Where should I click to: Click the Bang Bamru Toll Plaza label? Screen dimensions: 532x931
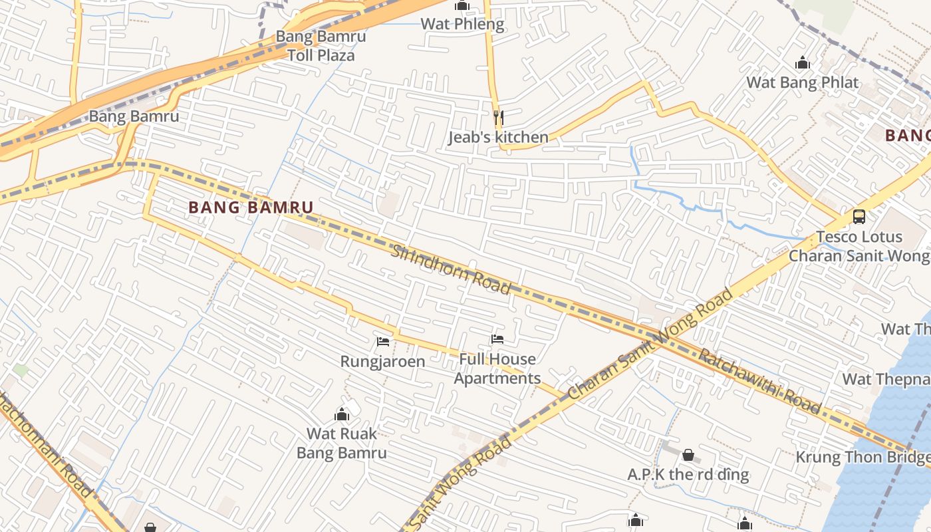(x=321, y=46)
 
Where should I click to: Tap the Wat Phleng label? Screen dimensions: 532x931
(x=462, y=25)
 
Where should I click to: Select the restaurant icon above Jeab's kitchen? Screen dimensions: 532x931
(x=498, y=118)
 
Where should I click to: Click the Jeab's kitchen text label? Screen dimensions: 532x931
(x=498, y=138)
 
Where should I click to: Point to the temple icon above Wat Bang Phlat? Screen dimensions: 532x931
(x=803, y=63)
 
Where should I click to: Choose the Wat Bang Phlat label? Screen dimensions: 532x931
(x=803, y=82)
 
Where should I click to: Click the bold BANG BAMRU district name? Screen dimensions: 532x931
(x=251, y=207)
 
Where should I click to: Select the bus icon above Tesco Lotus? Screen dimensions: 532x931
(x=859, y=217)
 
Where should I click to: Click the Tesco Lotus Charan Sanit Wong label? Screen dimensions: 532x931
(x=859, y=246)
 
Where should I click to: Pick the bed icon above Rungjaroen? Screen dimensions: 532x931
(x=383, y=342)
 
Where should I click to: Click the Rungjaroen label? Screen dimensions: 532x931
(x=382, y=362)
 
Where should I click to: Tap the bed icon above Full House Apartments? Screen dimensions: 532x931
(x=497, y=339)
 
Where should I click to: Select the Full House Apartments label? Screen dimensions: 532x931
(x=497, y=369)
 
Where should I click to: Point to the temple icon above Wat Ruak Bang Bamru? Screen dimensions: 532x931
(x=342, y=414)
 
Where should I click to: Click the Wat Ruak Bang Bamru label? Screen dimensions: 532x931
(x=342, y=444)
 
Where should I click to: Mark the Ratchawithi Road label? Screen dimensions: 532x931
(x=759, y=380)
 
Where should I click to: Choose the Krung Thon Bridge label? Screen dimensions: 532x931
(x=863, y=458)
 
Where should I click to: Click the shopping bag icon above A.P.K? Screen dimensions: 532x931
(x=688, y=456)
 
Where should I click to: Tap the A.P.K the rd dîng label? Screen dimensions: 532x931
(x=688, y=475)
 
